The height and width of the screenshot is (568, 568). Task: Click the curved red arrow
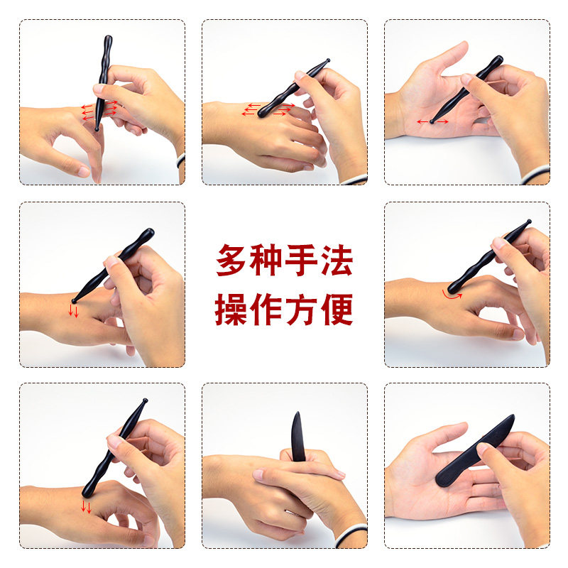(452, 294)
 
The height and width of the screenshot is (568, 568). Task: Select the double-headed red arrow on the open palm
(432, 121)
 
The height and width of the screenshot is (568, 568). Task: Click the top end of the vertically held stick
(108, 38)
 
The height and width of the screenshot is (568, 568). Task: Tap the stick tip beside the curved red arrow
(454, 289)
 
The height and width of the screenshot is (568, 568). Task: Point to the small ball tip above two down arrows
(75, 300)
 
